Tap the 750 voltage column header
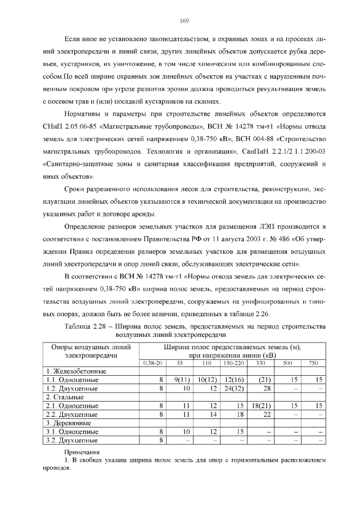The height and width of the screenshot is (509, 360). point(313,363)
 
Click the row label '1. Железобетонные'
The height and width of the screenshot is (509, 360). point(76,371)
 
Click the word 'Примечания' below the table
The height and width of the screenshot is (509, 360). point(82,452)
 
